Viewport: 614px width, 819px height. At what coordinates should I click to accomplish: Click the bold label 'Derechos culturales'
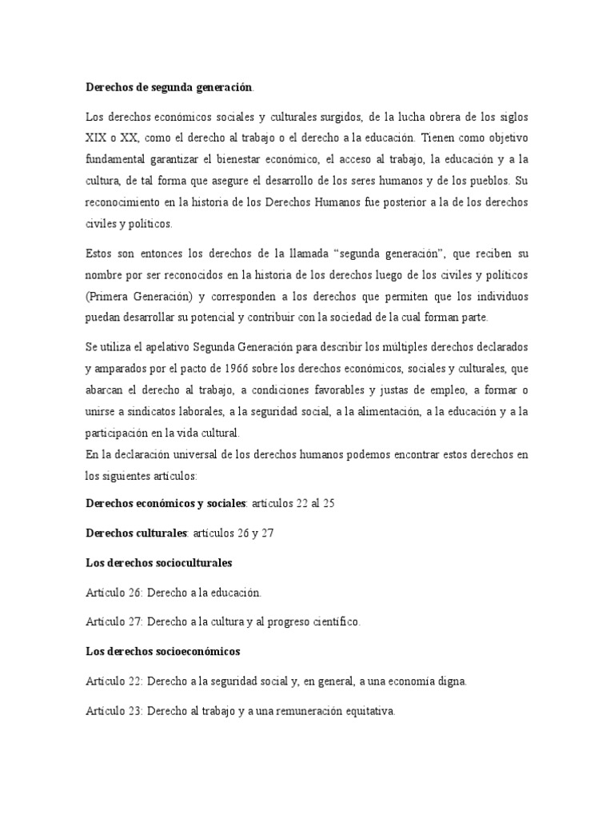(137, 533)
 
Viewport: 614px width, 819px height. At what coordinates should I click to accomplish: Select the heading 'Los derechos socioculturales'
(159, 563)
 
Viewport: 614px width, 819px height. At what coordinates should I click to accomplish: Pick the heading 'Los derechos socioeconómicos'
(162, 651)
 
